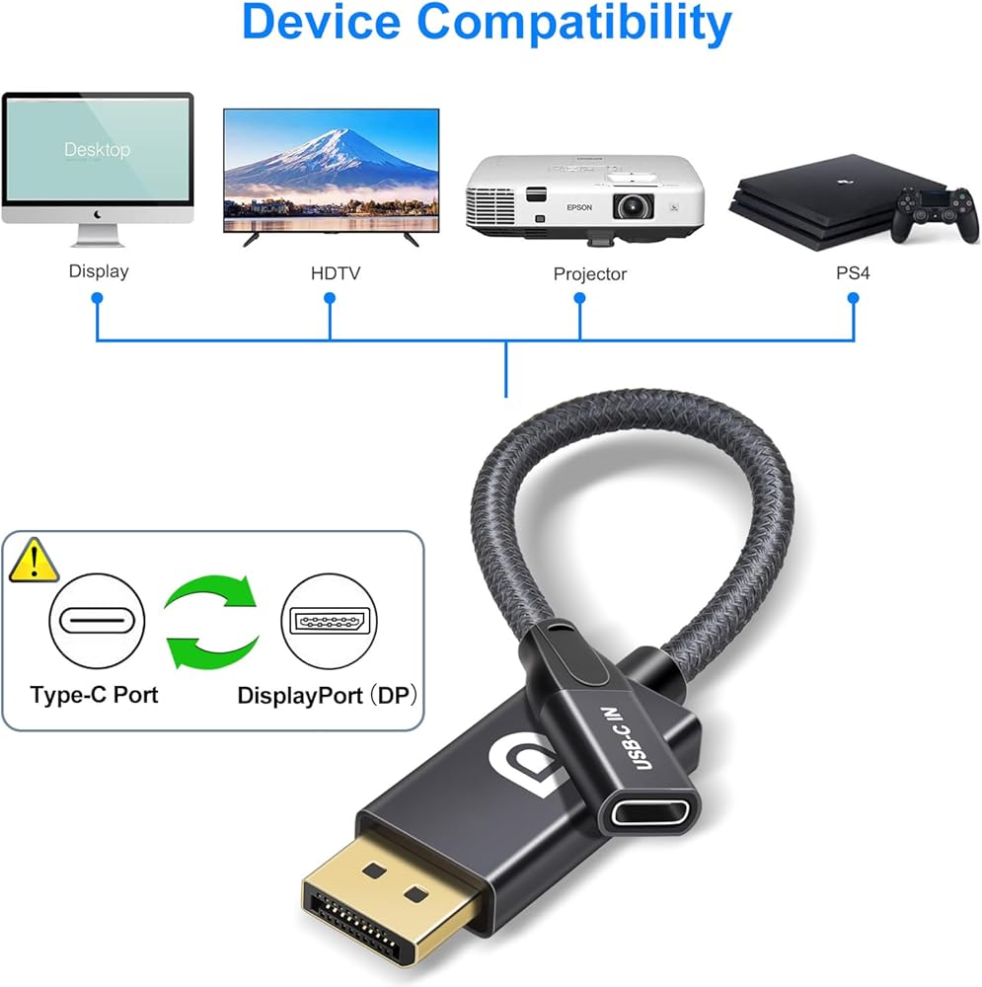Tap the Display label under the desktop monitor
[98, 270]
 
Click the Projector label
[589, 273]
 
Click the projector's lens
[632, 206]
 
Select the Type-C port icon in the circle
[97, 622]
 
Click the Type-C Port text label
[94, 695]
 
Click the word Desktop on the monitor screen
[97, 150]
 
